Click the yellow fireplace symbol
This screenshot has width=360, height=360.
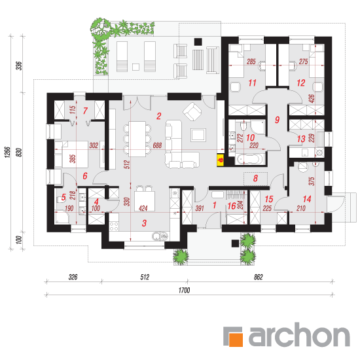click(221, 160)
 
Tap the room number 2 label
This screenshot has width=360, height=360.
click(158, 116)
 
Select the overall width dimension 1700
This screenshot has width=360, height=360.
click(184, 291)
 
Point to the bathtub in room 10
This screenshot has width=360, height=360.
click(250, 159)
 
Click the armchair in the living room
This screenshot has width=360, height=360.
click(192, 111)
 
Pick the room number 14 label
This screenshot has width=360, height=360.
click(307, 199)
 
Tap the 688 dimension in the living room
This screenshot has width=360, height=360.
click(157, 145)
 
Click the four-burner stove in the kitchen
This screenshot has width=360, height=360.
click(114, 226)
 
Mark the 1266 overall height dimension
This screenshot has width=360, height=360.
click(7, 152)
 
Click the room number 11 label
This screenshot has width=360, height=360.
click(252, 82)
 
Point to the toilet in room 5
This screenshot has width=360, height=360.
click(61, 200)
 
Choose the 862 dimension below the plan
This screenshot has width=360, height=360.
click(259, 277)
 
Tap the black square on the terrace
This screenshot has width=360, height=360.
click(198, 42)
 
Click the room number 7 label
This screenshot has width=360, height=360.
click(85, 111)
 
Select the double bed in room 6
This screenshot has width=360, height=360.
click(71, 154)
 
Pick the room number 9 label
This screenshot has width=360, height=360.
click(277, 120)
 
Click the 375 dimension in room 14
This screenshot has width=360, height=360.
click(312, 181)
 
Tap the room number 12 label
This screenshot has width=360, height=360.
click(301, 82)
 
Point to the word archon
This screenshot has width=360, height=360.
click(299, 334)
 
